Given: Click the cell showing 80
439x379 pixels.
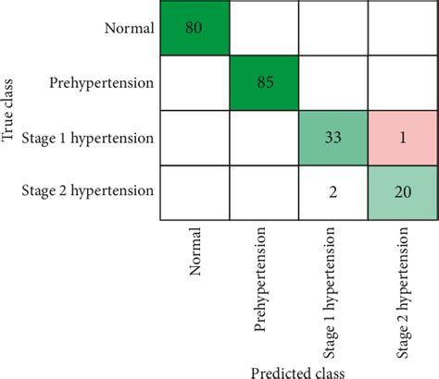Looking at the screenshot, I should pyautogui.click(x=194, y=28).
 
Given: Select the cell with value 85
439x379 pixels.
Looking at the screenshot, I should pyautogui.click(x=263, y=83).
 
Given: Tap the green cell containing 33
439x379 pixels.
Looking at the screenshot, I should pyautogui.click(x=332, y=138).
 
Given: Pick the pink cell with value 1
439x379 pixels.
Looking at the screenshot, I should pyautogui.click(x=402, y=138).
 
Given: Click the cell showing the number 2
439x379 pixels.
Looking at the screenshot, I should pyautogui.click(x=332, y=192).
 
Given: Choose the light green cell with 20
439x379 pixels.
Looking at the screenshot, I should pyautogui.click(x=402, y=192).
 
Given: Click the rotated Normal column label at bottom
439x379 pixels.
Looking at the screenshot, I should pyautogui.click(x=194, y=253).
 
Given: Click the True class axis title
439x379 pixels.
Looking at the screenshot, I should pyautogui.click(x=9, y=111).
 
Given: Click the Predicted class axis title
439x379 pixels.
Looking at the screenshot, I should pyautogui.click(x=297, y=370).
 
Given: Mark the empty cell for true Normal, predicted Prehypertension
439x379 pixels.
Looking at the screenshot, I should pyautogui.click(x=263, y=28).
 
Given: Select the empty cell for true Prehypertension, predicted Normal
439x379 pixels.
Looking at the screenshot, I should pyautogui.click(x=194, y=83).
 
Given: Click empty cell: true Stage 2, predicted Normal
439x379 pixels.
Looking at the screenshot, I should pyautogui.click(x=194, y=192).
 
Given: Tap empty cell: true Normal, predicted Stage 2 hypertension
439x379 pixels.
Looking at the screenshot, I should pyautogui.click(x=402, y=28).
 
